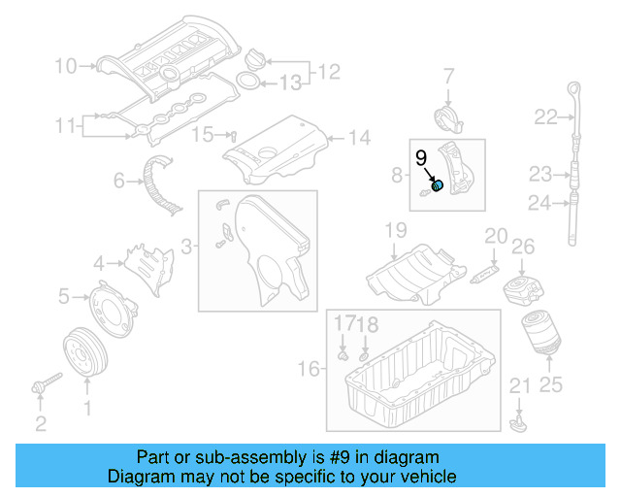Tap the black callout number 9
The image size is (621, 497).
coord(421,158)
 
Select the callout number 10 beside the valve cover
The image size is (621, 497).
coord(65,67)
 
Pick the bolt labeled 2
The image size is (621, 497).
coord(40,389)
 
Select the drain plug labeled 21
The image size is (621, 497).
coord(517,422)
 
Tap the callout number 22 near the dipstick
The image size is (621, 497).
coord(544,117)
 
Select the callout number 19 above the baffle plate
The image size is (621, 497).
coord(394,230)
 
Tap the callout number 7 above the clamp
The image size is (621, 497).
coord(449,76)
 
